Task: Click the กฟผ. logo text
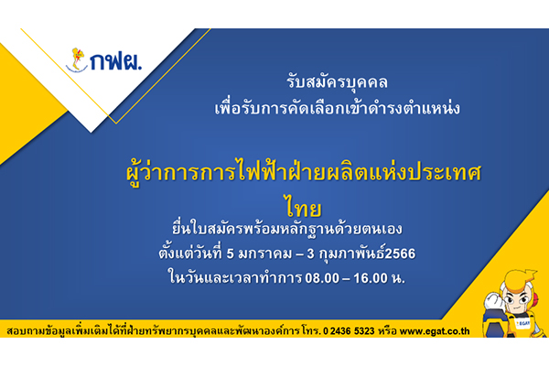pyautogui.click(x=116, y=62)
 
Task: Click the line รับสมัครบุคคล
pyautogui.click(x=337, y=82)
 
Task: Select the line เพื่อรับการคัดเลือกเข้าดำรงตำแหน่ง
pyautogui.click(x=337, y=108)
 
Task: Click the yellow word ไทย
pyautogui.click(x=303, y=208)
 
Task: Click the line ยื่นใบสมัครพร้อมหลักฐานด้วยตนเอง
pyautogui.click(x=287, y=230)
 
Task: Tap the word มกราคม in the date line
pyautogui.click(x=264, y=253)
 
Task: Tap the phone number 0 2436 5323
pyautogui.click(x=349, y=331)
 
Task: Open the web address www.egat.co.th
pyautogui.click(x=435, y=331)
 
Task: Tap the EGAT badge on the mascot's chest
pyautogui.click(x=522, y=323)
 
